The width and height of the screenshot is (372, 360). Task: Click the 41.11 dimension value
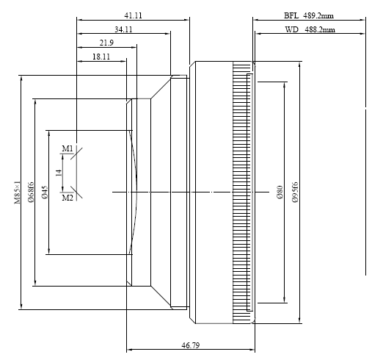point(133,15)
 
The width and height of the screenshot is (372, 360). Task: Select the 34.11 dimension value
point(123,29)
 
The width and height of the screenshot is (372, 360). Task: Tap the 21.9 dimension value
point(106,43)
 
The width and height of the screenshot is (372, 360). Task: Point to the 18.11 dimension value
point(101,57)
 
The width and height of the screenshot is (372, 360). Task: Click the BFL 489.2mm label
point(309,15)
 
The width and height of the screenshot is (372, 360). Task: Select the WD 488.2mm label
point(310,29)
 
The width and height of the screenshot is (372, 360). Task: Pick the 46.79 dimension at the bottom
point(191,345)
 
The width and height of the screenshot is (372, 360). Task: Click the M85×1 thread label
point(17,192)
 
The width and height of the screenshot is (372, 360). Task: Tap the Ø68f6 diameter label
point(31,192)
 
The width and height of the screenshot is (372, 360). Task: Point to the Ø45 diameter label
point(45,192)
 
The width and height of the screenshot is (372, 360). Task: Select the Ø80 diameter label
point(280,192)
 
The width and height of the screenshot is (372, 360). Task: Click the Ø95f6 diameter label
point(295,192)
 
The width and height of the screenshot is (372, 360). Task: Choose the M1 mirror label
point(68,148)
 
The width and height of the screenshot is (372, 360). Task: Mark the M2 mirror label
point(68,198)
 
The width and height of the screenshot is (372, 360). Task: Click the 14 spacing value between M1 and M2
point(59,173)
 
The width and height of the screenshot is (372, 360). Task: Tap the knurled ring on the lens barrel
point(242,192)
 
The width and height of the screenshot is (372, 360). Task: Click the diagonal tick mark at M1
point(76,154)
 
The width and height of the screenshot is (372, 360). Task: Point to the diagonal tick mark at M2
point(76,192)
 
